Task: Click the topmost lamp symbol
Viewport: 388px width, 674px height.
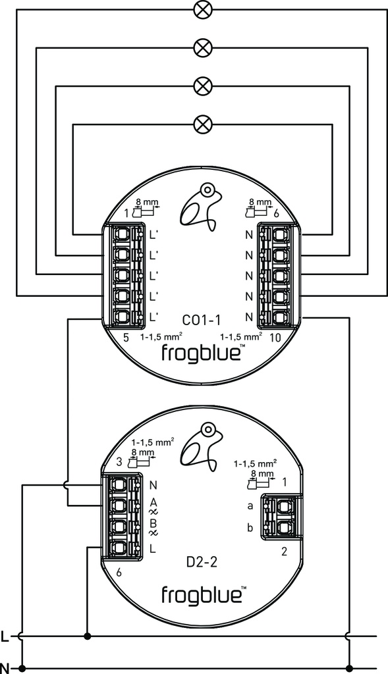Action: [x=202, y=9]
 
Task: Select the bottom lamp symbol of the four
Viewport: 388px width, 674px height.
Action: [x=202, y=122]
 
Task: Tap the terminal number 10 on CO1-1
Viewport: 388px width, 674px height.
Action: [x=276, y=338]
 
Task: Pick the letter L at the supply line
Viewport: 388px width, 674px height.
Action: [x=5, y=636]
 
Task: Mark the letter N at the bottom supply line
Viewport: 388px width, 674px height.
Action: [x=5, y=668]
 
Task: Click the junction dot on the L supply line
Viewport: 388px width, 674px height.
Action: [x=87, y=636]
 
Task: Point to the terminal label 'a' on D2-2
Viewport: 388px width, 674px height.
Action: [x=250, y=506]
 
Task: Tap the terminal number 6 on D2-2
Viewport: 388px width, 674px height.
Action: [x=119, y=572]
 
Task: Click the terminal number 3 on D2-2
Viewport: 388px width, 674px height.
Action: [x=119, y=461]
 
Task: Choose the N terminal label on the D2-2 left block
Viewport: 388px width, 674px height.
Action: [x=153, y=486]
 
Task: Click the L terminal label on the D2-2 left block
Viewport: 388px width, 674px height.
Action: [x=153, y=548]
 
